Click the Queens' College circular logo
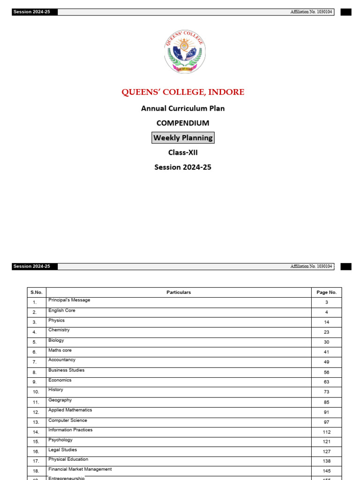[x=185, y=51]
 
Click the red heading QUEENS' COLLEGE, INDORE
[x=183, y=92]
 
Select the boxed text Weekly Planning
[x=183, y=138]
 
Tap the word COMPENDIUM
[x=183, y=123]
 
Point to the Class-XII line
[x=183, y=152]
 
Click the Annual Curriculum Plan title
[x=183, y=108]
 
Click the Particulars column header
[x=179, y=292]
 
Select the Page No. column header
[x=326, y=292]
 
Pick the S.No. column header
[x=37, y=292]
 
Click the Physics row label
[x=57, y=321]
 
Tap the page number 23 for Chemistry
[x=326, y=332]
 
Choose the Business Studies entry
[x=67, y=370]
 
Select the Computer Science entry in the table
[x=67, y=420]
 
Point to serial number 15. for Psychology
[x=36, y=442]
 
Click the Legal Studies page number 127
[x=326, y=452]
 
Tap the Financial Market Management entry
[x=80, y=469]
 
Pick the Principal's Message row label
[x=69, y=300]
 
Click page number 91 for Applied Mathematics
[x=326, y=412]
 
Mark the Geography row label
[x=60, y=400]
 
